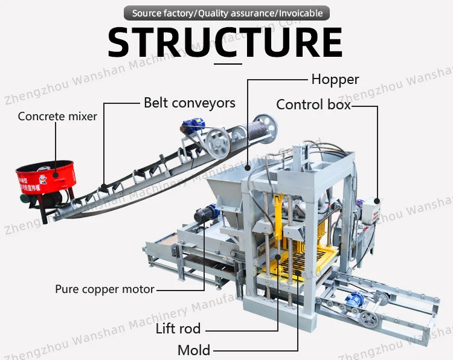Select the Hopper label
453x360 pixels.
tap(335, 79)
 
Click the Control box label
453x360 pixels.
tap(313, 104)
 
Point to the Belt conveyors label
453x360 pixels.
tap(189, 103)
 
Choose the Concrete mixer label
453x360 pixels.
tap(57, 116)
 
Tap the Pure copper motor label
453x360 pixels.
tap(104, 289)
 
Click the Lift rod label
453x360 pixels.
tap(178, 329)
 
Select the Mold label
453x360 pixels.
tap(194, 350)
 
